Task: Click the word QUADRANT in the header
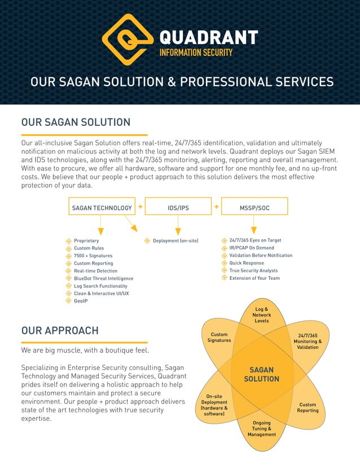209,38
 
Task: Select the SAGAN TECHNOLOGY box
102,208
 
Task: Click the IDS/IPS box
178,208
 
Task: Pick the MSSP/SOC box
254,208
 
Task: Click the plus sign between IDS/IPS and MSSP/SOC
217,207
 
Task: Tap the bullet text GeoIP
81,301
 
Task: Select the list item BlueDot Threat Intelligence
103,279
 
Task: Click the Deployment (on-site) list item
175,241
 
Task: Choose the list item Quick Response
247,263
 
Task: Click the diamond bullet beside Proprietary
69,241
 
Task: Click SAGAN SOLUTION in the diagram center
261,375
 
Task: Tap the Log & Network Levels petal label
261,315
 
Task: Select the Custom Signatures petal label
219,337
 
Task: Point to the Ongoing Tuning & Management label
261,429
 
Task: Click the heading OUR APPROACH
60,331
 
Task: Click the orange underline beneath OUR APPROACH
84,342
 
